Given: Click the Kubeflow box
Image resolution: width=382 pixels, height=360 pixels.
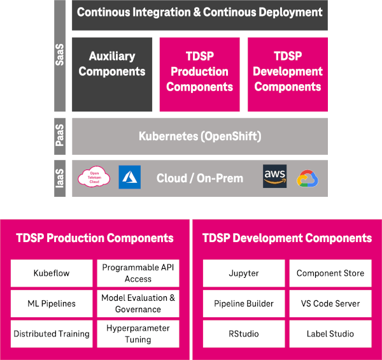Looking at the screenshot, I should click(x=52, y=273).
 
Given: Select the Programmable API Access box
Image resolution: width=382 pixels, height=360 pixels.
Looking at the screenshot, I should click(x=138, y=273).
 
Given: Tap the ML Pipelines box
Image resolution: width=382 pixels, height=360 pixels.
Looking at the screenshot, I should click(x=52, y=303).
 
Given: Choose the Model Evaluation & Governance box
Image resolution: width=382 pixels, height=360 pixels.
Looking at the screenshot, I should click(x=138, y=303).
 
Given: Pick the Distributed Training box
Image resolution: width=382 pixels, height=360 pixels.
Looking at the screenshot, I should click(x=52, y=333).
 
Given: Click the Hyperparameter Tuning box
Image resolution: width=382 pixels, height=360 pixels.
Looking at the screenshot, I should click(x=138, y=333).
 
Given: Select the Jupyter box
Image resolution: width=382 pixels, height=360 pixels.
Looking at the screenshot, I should click(x=244, y=273).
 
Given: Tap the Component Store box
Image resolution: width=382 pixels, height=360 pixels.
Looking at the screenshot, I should click(x=330, y=273).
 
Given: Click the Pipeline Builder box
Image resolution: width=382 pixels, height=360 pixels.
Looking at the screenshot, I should click(x=244, y=303).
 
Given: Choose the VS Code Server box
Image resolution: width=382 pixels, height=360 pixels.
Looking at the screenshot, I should click(x=330, y=303).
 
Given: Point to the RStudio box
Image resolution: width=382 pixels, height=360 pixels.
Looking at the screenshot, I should click(x=244, y=333).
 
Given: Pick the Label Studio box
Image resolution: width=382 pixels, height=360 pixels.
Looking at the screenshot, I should click(x=330, y=333).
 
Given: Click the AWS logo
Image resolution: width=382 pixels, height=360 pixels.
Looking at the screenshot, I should click(x=275, y=176).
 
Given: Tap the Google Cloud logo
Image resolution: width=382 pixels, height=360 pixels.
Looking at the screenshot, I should click(x=307, y=178).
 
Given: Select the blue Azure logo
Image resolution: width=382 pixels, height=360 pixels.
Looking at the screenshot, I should click(x=129, y=176).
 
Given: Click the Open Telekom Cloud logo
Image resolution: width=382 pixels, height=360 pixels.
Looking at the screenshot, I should click(x=94, y=177).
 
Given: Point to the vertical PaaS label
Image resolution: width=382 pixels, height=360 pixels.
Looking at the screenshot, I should click(x=61, y=136).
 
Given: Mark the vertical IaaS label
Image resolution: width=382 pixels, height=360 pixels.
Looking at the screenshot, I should click(x=61, y=178).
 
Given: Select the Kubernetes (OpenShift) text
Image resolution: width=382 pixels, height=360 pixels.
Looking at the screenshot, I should click(x=200, y=136).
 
